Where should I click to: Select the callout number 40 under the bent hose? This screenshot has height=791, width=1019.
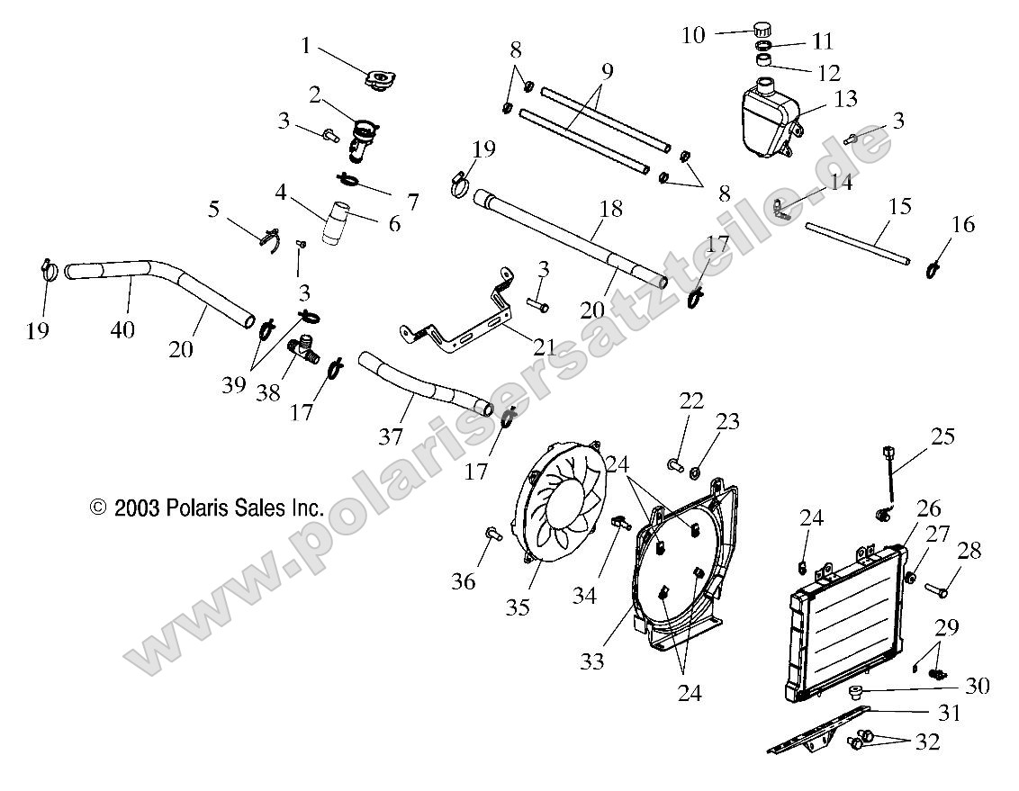(x=122, y=329)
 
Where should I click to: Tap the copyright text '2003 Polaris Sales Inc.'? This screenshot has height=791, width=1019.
(x=207, y=508)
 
